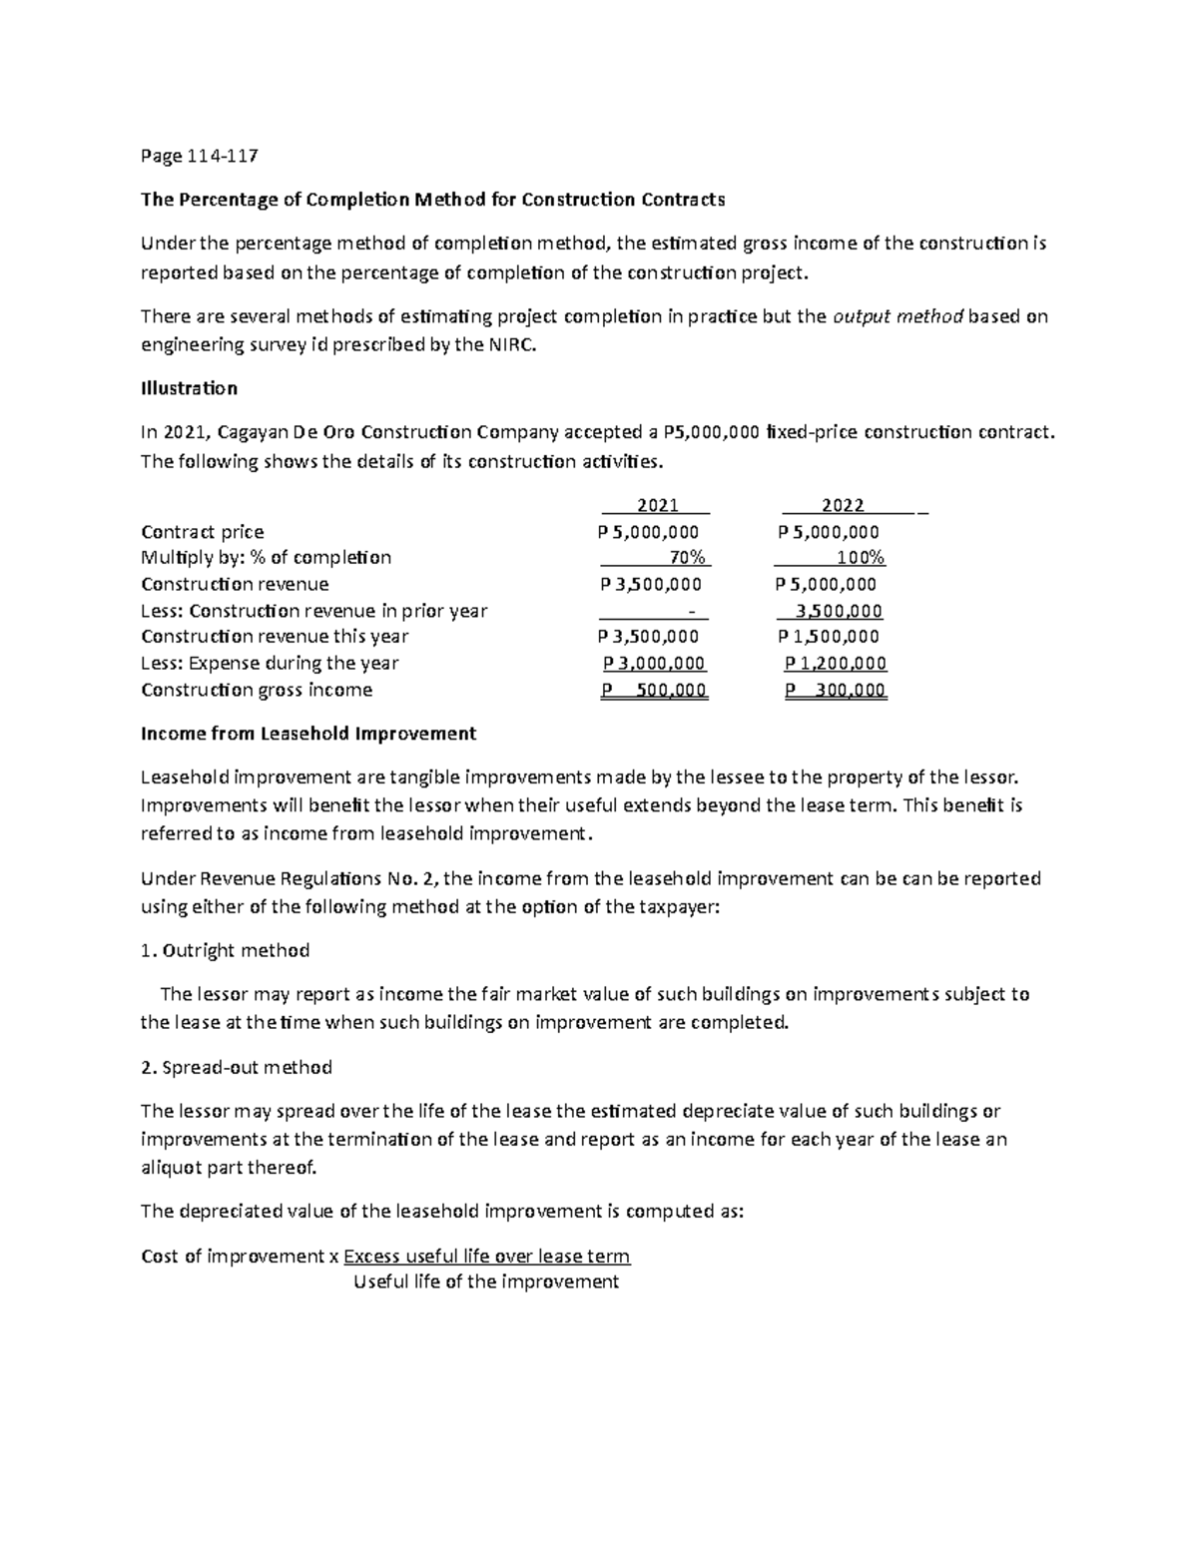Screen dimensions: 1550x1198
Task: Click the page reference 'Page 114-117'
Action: (200, 156)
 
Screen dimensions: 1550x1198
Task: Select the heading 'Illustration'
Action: (189, 388)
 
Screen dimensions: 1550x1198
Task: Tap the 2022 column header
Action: (843, 505)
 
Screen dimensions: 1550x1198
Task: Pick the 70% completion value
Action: (688, 558)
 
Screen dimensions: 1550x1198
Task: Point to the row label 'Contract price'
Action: (203, 532)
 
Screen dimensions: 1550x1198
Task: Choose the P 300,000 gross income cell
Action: (836, 691)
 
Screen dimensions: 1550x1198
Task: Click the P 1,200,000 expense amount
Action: (836, 664)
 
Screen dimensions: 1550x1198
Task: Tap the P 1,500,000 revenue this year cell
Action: (829, 637)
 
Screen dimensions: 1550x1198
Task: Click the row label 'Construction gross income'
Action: (257, 691)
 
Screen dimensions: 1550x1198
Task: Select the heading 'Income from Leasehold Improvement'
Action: (308, 734)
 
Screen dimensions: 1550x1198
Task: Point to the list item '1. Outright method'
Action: (226, 950)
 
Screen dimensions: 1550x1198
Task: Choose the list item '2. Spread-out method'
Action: (237, 1067)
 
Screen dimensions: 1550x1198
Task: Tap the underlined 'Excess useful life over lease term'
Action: (486, 1256)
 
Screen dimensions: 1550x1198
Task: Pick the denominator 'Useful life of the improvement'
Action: (486, 1283)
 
